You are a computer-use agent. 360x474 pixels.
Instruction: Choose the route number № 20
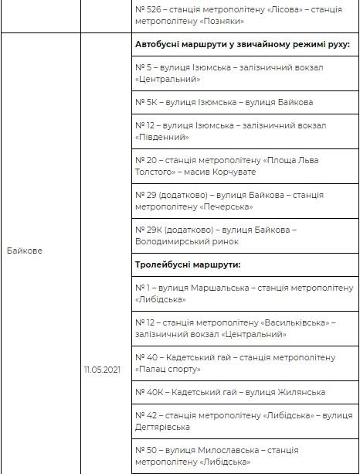tap(145, 159)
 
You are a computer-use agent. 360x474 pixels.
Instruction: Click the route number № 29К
tap(147, 230)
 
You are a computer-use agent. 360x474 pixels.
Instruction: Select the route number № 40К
tap(148, 392)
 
